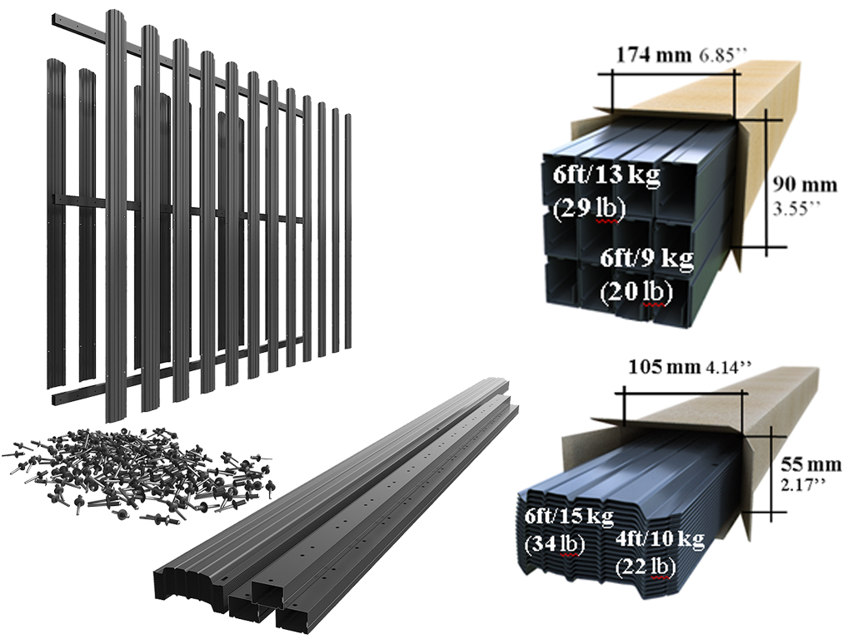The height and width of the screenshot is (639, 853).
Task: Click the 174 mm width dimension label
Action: tap(653, 54)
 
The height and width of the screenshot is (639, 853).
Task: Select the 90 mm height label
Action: tap(806, 185)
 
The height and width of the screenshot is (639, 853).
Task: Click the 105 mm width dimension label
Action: tap(664, 367)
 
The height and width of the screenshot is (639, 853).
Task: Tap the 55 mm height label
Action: tap(811, 464)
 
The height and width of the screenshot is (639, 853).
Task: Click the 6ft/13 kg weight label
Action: tap(606, 176)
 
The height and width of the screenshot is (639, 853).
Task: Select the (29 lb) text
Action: tap(589, 209)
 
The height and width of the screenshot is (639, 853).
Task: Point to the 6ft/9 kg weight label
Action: tap(646, 258)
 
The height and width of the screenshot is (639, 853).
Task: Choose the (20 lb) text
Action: tap(636, 292)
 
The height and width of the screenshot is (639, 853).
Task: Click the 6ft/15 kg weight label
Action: tap(569, 516)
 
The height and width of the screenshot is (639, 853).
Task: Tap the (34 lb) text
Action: tap(555, 544)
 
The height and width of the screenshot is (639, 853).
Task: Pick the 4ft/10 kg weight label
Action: tap(660, 539)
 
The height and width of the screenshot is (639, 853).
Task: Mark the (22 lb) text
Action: tap(646, 567)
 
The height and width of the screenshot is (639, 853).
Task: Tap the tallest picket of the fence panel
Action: tap(115, 215)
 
